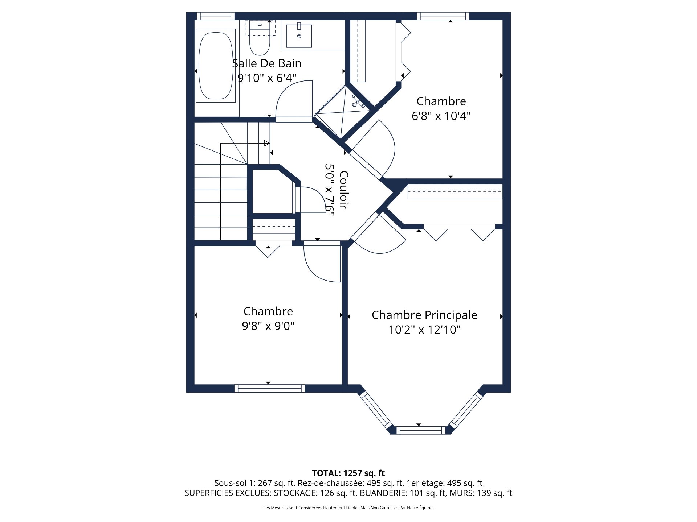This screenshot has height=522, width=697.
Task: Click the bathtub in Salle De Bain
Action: [x=216, y=66]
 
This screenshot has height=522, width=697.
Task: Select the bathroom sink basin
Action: [x=299, y=36]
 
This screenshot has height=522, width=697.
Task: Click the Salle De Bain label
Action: [x=267, y=63]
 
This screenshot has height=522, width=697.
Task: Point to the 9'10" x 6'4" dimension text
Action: [x=267, y=78]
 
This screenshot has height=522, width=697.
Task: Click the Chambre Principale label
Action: [x=424, y=315]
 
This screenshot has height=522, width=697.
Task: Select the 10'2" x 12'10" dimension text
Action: [x=424, y=330]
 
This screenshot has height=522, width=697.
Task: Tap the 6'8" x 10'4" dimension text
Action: [x=441, y=116]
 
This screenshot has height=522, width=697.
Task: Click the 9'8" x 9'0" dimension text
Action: [x=268, y=326]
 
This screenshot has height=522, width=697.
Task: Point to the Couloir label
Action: [x=343, y=190]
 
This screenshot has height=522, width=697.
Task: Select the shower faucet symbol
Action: [x=358, y=101]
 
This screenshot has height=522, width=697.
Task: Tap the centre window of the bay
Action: [x=420, y=431]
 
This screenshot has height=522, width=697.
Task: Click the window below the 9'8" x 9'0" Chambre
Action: [x=269, y=389]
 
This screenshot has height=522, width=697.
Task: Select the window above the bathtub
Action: [x=216, y=16]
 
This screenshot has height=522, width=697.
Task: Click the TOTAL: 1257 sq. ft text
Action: [x=348, y=473]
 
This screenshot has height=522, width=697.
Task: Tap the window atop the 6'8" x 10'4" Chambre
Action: [x=443, y=16]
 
